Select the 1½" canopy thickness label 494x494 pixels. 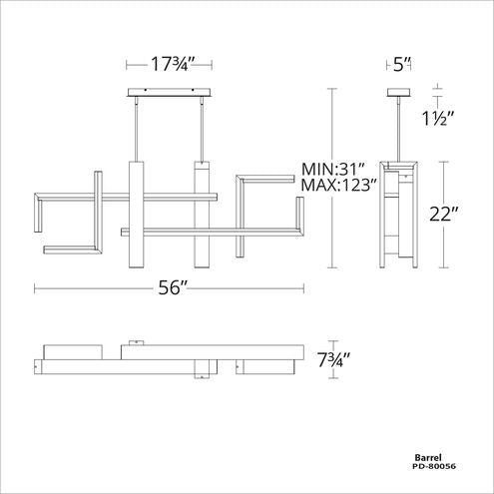coord(438,118)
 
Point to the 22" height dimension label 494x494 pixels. coord(444,214)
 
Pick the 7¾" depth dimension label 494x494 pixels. coord(334,359)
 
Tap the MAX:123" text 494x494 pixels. coord(339,185)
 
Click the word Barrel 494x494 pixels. coord(428,458)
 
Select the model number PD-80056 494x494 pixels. coord(434,466)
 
